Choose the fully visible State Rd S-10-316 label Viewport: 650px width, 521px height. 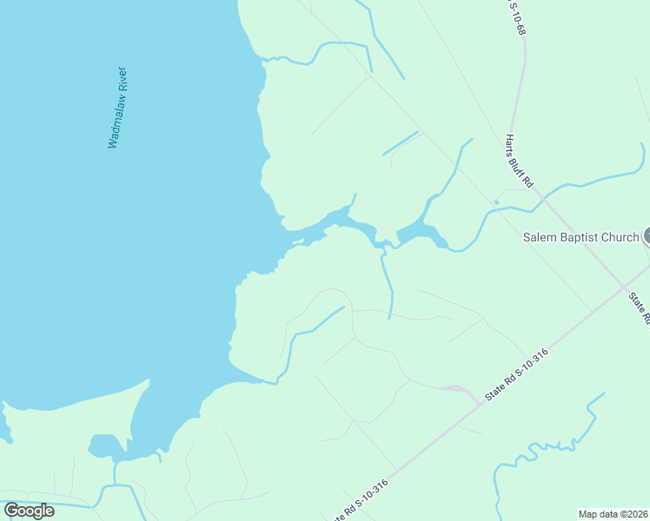(517, 374)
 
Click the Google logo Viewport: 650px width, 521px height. (29, 511)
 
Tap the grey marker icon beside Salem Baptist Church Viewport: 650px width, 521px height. (647, 235)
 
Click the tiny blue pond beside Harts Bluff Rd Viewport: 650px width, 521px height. (496, 203)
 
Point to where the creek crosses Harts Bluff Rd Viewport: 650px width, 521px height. (545, 202)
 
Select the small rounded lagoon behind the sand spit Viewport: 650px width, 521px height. (103, 445)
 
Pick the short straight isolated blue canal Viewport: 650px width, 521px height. (400, 143)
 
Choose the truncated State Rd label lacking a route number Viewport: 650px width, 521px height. (641, 308)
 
